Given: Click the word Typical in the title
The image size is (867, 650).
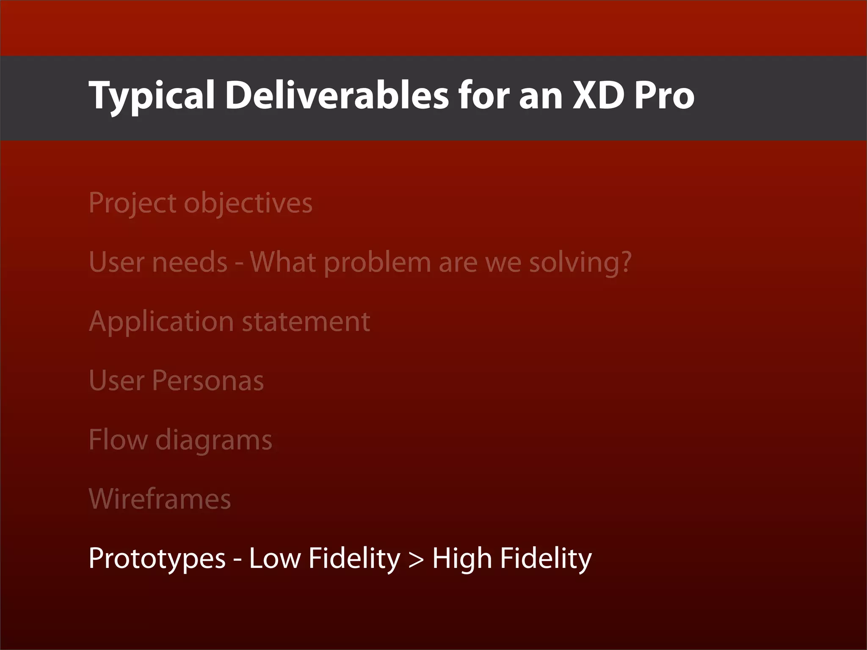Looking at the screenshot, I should pyautogui.click(x=152, y=96).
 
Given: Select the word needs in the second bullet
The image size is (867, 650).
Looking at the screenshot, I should pyautogui.click(x=190, y=262).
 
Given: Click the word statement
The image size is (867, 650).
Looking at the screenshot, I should pyautogui.click(x=306, y=322).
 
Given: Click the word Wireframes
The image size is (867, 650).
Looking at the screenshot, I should pyautogui.click(x=160, y=499).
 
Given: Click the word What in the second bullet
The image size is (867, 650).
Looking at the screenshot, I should pyautogui.click(x=283, y=262).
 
